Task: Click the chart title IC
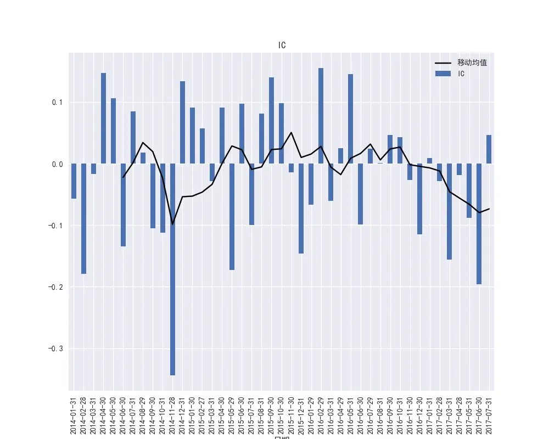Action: (282, 46)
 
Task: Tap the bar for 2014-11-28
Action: (172, 269)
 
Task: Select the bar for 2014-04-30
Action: (103, 118)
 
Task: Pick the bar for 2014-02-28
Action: (83, 218)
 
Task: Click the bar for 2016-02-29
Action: (321, 116)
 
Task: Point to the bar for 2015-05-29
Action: (232, 217)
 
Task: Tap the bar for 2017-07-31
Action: (489, 149)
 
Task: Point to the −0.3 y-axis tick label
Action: (56, 349)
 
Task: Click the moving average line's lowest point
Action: (172, 224)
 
